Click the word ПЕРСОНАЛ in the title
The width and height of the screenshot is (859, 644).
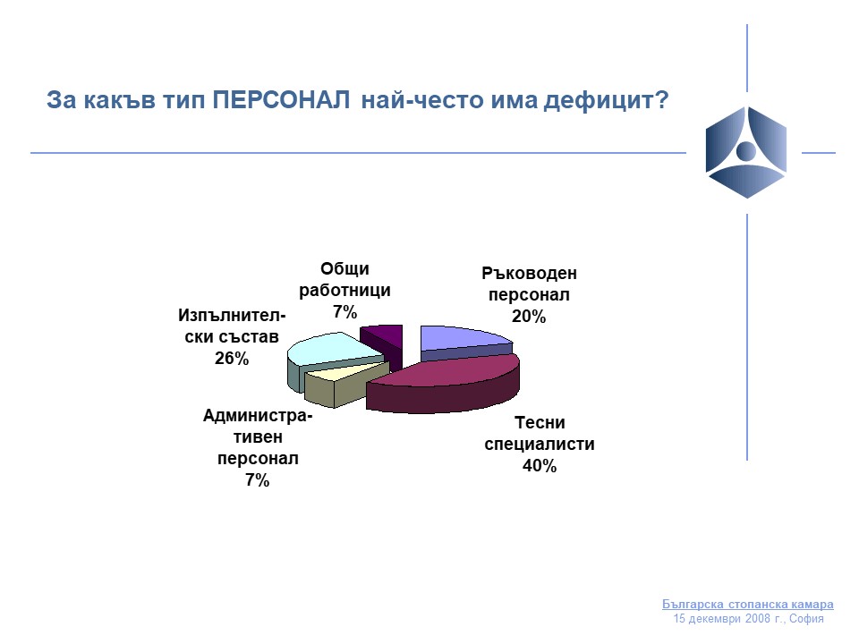[x=281, y=100]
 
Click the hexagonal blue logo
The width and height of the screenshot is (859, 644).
[x=746, y=152]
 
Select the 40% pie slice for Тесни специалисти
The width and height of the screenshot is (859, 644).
[x=444, y=384]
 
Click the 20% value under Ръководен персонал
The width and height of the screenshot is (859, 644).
[x=529, y=317]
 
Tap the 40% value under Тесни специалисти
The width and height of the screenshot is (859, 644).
[x=540, y=466]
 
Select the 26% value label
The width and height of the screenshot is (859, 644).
[x=232, y=359]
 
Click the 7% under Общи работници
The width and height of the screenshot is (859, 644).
[x=345, y=312]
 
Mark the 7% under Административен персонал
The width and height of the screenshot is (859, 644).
[x=258, y=480]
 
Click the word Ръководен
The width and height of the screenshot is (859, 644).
[x=529, y=274]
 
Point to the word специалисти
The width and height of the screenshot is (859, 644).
[x=540, y=445]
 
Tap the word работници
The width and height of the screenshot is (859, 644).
[x=344, y=290]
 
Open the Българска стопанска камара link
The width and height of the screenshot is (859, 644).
[x=748, y=605]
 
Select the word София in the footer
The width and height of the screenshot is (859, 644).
[x=806, y=619]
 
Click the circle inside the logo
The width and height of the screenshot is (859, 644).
[x=746, y=150]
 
